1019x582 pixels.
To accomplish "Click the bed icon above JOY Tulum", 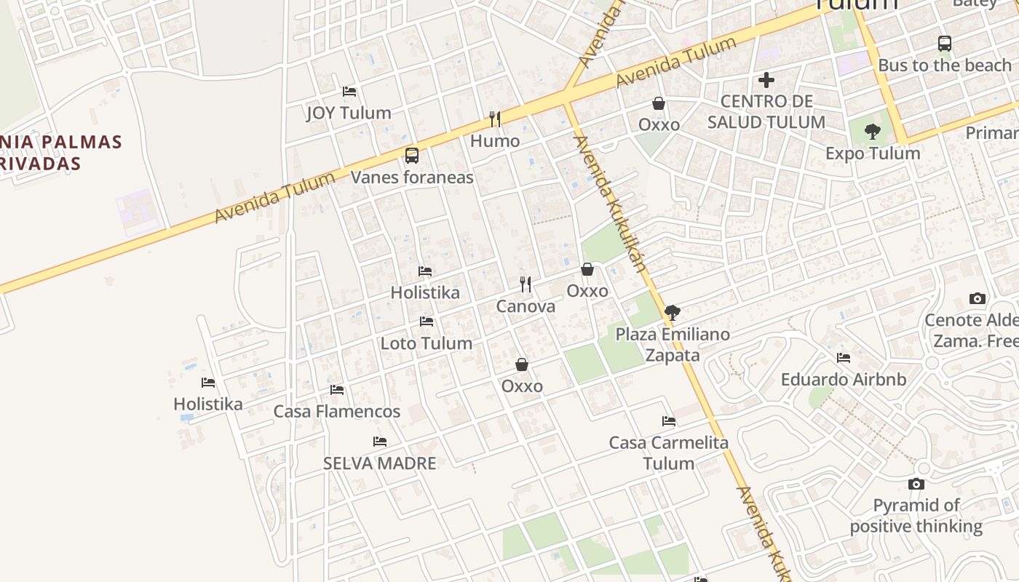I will coord(349,92).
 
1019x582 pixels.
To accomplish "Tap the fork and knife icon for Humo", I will coord(495,119).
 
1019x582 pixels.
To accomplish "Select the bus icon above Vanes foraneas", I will coord(412,155).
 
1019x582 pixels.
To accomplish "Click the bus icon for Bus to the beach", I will coord(945,44).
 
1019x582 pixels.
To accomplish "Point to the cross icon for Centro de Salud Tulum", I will coord(766,79).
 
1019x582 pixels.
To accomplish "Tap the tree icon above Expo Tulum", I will coord(872,132).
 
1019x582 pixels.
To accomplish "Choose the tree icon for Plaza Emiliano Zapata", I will coord(673,313).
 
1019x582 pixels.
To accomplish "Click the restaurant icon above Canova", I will coord(526,284).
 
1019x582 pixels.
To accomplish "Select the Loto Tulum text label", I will coord(427,343).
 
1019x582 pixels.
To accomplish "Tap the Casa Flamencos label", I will coord(337,412).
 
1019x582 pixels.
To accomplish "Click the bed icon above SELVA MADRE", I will coord(380,442).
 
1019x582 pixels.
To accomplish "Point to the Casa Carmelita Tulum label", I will coord(669,453).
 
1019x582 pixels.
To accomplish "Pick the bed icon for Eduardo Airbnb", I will coord(844,358).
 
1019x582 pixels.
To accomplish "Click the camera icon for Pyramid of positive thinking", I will coord(916,484).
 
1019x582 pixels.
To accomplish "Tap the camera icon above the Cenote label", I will coord(978,298).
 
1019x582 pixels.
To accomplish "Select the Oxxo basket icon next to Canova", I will coord(587,269).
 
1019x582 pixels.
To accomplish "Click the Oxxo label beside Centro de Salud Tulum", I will coord(659,125).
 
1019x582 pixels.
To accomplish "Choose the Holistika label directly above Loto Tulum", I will coord(425,292).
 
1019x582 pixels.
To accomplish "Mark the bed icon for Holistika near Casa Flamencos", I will coord(208,383).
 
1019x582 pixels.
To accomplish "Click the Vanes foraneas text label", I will coord(412,178).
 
